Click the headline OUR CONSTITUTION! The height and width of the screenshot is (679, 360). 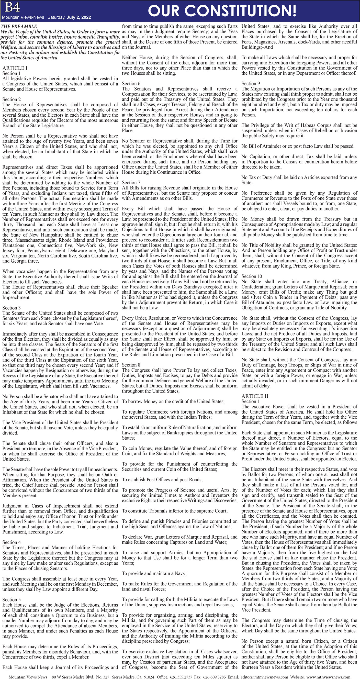222,11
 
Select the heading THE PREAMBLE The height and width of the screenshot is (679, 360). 19,26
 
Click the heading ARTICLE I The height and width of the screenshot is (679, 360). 15,68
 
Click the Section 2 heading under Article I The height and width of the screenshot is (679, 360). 12,99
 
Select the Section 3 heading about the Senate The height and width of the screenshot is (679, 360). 12,308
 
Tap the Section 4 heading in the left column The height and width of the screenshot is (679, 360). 12,542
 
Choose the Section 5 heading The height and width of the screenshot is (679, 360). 12,599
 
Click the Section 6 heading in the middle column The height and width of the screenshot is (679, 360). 131,84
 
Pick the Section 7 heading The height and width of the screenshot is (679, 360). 131,182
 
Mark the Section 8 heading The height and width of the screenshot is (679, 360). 131,365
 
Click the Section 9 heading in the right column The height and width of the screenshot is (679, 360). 251,84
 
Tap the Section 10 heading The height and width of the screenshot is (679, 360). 252,276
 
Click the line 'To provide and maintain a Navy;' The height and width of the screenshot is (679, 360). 154,573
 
